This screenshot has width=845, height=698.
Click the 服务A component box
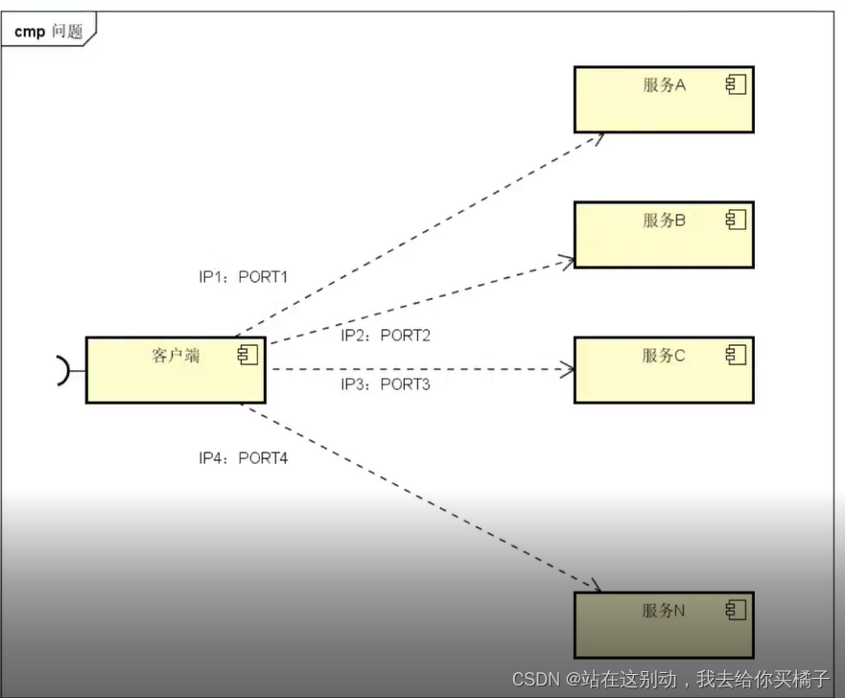[663, 100]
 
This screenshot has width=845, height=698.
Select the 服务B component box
[663, 235]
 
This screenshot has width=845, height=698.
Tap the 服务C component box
[663, 370]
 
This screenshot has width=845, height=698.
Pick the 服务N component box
[663, 624]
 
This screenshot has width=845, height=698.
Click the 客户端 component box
[175, 370]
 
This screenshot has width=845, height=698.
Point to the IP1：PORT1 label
[244, 277]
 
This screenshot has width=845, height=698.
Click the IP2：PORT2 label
[386, 336]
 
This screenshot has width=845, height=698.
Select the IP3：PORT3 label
[386, 384]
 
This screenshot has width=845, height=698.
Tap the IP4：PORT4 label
[244, 458]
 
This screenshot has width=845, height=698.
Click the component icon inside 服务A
[736, 85]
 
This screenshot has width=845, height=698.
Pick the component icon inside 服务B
[736, 221]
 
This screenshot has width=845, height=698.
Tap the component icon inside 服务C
[736, 356]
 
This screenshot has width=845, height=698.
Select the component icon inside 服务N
[736, 610]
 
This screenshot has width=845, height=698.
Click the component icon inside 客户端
[247, 356]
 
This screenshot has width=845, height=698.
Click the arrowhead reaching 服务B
[567, 259]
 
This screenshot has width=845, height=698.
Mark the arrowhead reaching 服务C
[568, 369]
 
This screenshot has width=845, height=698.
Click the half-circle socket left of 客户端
[63, 370]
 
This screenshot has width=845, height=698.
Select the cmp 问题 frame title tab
[49, 32]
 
